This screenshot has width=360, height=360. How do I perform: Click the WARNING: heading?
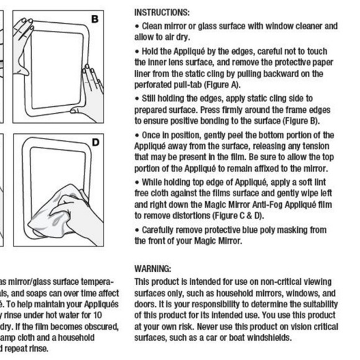click(x=153, y=269)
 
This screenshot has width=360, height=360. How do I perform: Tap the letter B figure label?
click(x=95, y=19)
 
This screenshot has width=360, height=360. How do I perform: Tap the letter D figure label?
click(x=95, y=142)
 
